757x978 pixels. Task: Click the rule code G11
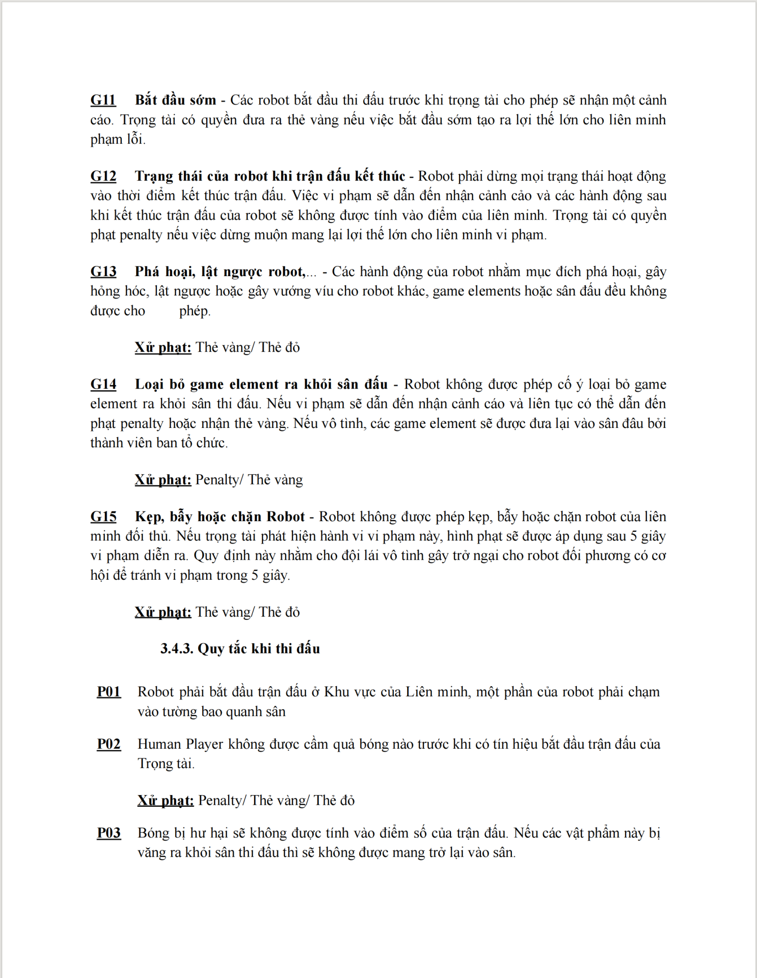coord(103,100)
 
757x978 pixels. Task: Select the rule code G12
coord(103,176)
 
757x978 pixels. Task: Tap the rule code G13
coord(103,271)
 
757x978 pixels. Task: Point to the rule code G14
coord(103,384)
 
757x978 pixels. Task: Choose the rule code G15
coord(103,517)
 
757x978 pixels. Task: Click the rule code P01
coord(109,692)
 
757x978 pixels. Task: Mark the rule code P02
coord(109,744)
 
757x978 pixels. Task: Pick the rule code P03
coord(109,833)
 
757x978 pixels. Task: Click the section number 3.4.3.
coord(177,648)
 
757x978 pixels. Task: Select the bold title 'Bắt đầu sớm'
coord(175,100)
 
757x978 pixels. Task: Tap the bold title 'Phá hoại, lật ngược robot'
coord(220,271)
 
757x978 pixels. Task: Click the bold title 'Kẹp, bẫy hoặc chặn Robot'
coord(220,517)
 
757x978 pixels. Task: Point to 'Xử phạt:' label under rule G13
coord(163,347)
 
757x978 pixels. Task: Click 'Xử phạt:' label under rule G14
coord(163,480)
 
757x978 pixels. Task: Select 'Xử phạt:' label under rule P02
coord(166,800)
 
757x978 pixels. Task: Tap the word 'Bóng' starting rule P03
coord(153,833)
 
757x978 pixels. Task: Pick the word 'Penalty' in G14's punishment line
coord(216,480)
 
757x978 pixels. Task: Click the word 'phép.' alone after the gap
coord(195,311)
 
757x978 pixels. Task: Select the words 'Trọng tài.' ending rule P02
coord(166,764)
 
